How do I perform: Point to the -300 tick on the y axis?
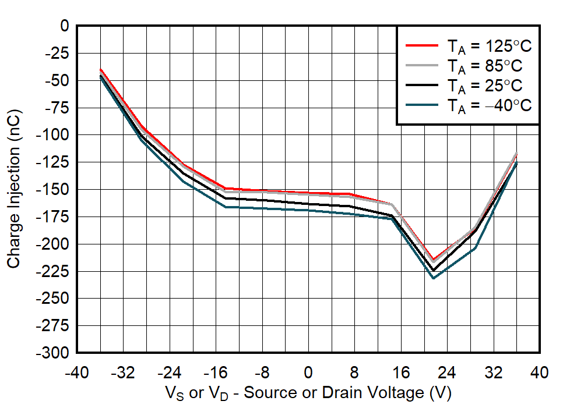54,353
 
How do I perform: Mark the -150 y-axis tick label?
54,190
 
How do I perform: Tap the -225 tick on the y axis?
54,271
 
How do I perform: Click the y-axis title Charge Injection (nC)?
14,190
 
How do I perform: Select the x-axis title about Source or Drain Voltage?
308,393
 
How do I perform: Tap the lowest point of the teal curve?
433,278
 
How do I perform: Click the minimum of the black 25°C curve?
433,271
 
